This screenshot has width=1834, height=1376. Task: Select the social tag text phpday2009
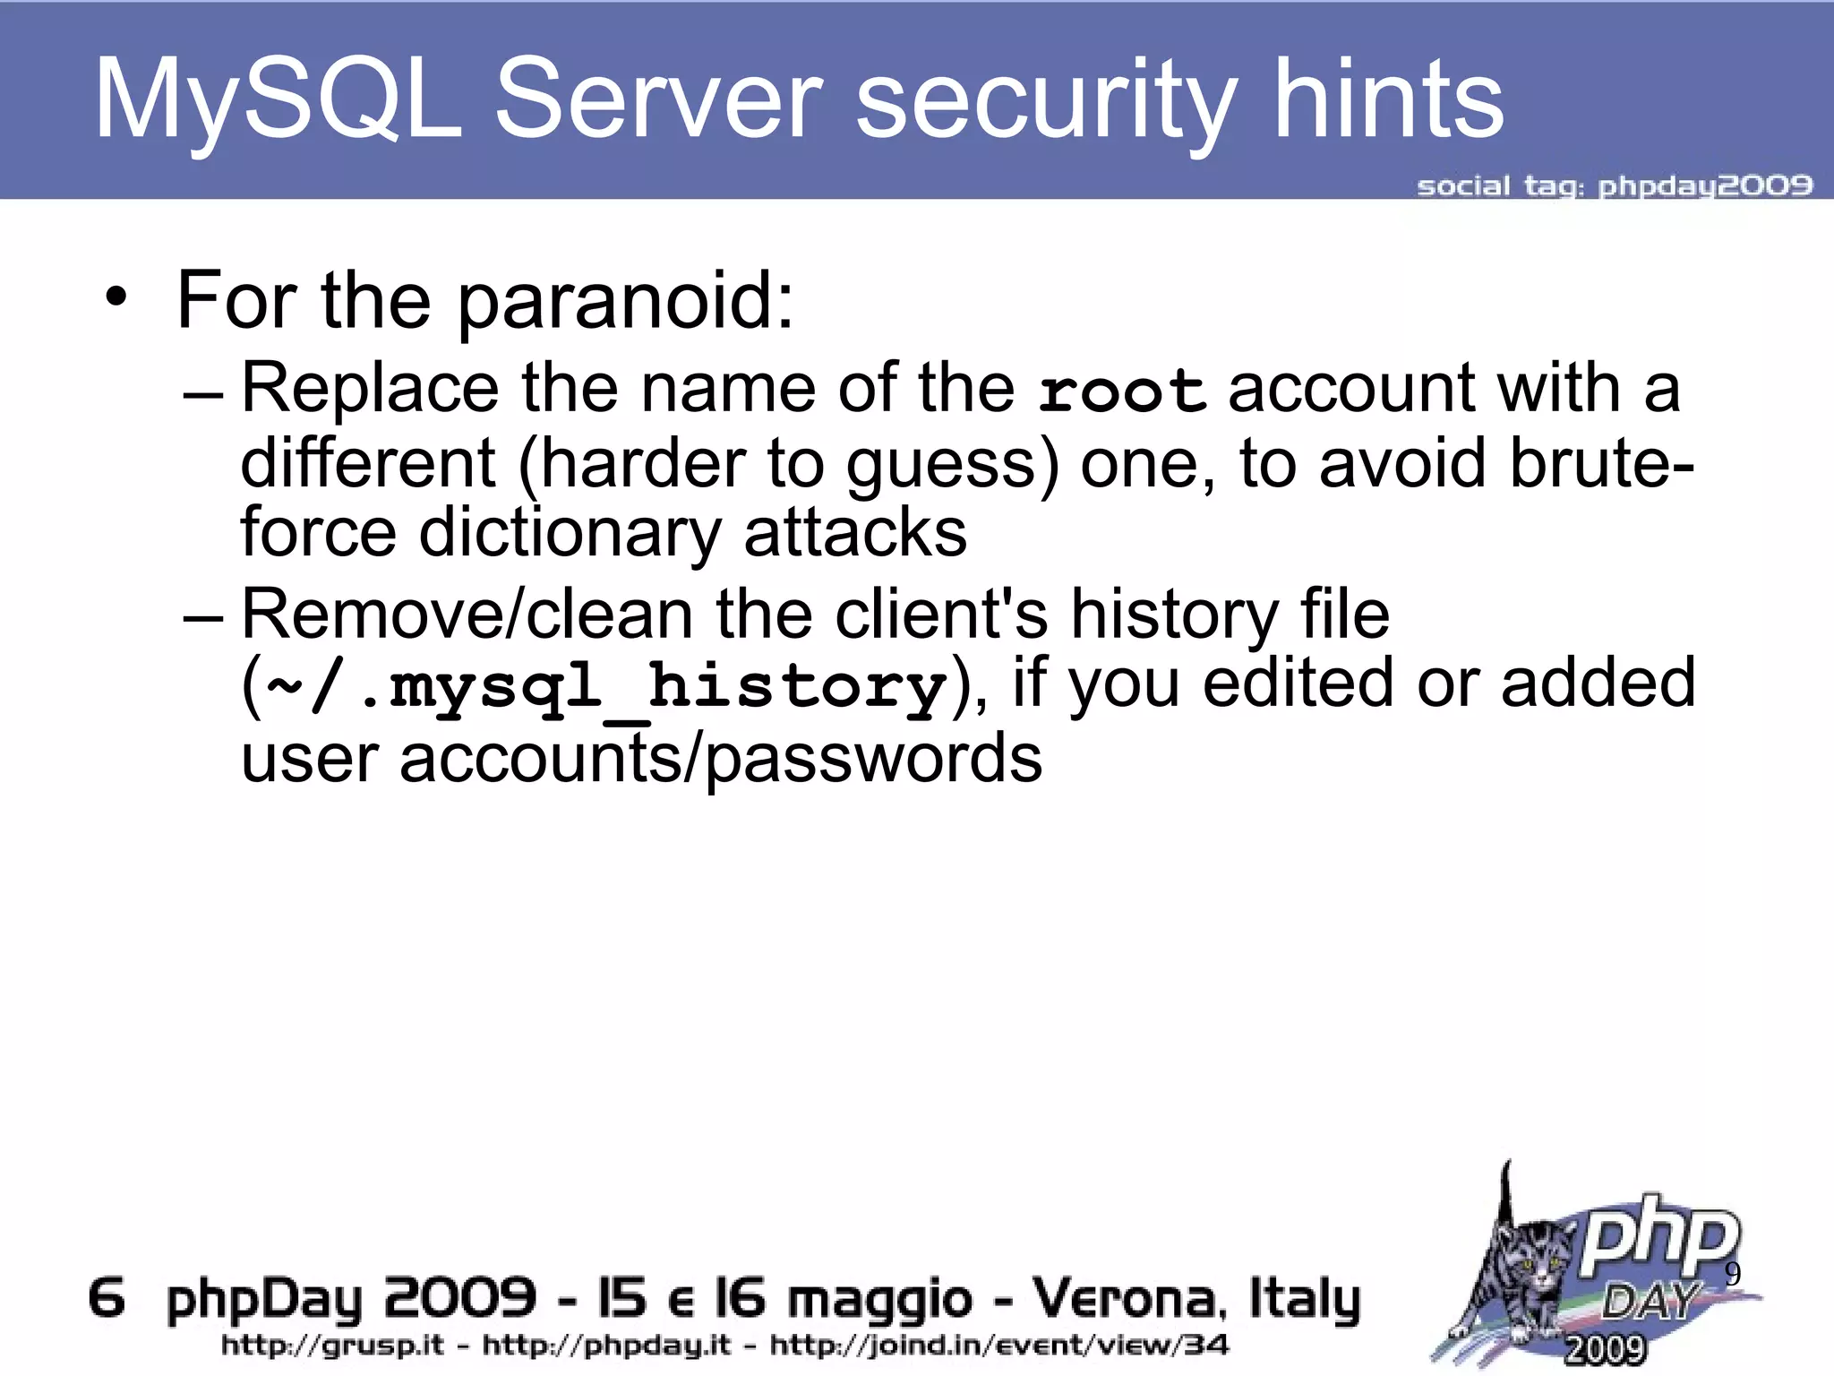(1705, 186)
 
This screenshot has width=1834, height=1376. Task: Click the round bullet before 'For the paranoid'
(116, 298)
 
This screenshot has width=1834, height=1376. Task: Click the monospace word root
(1122, 391)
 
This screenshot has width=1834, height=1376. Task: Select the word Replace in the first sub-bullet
(370, 389)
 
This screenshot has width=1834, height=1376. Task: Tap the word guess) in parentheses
(952, 463)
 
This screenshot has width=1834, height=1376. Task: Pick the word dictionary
(570, 532)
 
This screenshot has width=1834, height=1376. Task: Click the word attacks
(855, 532)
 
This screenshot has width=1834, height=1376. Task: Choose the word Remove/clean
(467, 615)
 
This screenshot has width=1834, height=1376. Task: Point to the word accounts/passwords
(720, 758)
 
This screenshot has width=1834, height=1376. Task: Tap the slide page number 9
(1732, 1274)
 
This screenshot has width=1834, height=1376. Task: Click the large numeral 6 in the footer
(107, 1298)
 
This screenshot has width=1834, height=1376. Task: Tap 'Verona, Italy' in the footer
(1196, 1298)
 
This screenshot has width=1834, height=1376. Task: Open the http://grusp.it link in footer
(332, 1345)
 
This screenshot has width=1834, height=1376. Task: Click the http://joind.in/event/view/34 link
(999, 1345)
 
